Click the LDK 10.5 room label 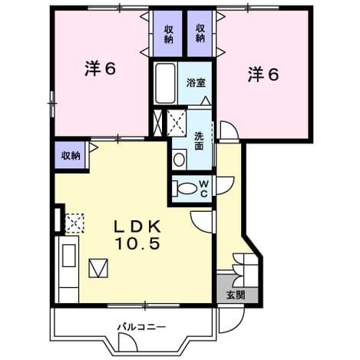click(138, 235)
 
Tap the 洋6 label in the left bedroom click(101, 69)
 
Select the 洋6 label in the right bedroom click(263, 74)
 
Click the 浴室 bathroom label click(196, 83)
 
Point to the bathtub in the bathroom click(166, 84)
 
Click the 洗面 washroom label click(199, 141)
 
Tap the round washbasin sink click(179, 160)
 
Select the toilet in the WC click(184, 189)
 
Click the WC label click(203, 189)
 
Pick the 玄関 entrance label click(236, 296)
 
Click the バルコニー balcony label click(141, 327)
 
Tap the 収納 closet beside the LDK click(71, 156)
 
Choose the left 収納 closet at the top click(168, 33)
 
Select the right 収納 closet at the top click(200, 33)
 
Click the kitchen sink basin click(69, 256)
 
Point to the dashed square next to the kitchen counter click(74, 223)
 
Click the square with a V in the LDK click(98, 268)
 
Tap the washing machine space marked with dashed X click(177, 122)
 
